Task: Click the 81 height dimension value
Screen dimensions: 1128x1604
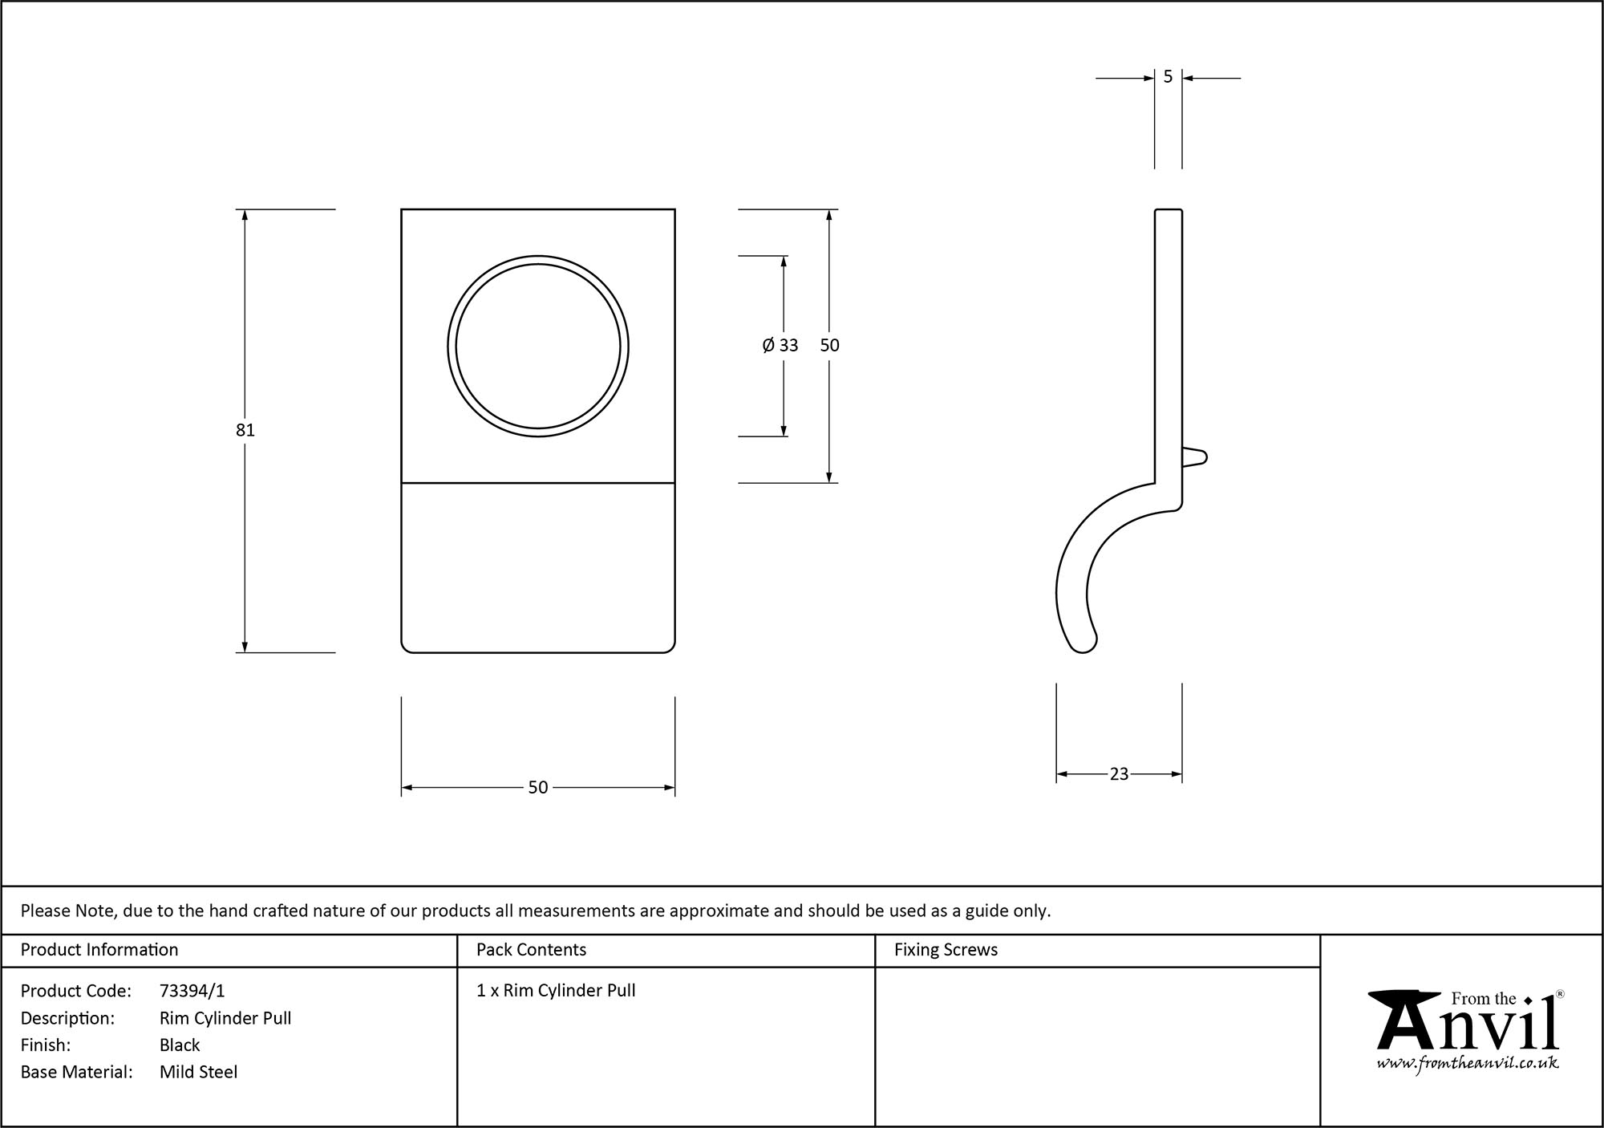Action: click(x=245, y=430)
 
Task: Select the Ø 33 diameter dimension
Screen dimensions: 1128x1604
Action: click(x=780, y=345)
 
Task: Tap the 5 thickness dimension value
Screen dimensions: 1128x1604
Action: click(x=1168, y=77)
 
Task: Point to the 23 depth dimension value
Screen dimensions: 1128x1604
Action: click(x=1119, y=774)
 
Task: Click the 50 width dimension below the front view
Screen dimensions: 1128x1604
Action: click(x=538, y=788)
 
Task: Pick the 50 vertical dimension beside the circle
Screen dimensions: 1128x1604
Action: click(x=830, y=345)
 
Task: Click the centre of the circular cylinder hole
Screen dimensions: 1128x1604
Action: click(x=538, y=347)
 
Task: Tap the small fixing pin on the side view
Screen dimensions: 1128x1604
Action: click(x=1195, y=457)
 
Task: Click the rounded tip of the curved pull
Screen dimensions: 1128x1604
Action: click(x=1083, y=643)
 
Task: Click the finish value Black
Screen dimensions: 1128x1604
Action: click(x=180, y=1045)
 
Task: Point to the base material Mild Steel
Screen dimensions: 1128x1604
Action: click(x=199, y=1072)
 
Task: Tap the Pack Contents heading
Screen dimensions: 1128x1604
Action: click(x=531, y=950)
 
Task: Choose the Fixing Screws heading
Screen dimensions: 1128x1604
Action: click(x=946, y=950)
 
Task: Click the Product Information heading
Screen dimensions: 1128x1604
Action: click(x=99, y=950)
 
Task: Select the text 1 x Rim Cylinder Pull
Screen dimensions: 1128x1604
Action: click(x=556, y=991)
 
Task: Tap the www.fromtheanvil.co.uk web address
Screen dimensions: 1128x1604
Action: click(x=1468, y=1063)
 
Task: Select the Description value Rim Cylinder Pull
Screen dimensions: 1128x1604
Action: click(x=225, y=1018)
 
